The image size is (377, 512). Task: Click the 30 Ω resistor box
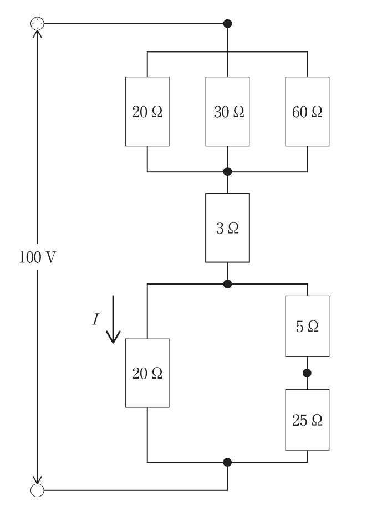point(227,112)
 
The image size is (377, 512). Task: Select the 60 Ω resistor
point(307,112)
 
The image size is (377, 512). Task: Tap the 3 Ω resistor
point(227,227)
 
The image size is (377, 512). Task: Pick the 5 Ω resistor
point(307,326)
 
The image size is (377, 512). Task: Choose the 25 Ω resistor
point(307,420)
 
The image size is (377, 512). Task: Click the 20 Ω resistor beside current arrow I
point(147,373)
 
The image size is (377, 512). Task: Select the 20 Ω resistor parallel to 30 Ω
point(147,112)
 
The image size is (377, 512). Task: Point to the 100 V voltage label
point(37,257)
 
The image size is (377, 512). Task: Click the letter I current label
point(95,319)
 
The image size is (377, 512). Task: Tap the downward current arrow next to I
point(113,319)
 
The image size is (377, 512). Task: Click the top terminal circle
point(37,23)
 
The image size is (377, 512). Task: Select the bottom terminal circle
point(37,490)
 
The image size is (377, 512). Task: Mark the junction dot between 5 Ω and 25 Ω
point(307,373)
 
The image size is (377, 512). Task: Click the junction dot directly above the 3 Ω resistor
point(227,172)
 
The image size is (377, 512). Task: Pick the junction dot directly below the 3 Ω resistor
point(227,284)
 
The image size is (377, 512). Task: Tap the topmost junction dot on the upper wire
point(227,23)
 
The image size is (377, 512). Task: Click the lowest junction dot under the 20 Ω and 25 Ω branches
point(227,462)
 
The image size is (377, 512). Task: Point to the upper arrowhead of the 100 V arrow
point(37,33)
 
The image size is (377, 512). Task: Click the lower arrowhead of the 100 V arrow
point(37,480)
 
